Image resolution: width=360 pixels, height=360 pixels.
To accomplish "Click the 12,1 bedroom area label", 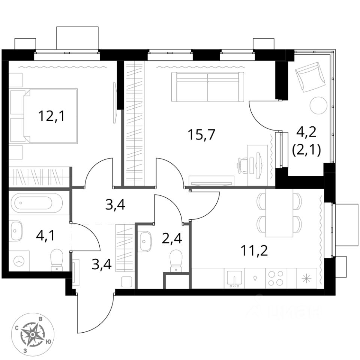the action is (x=51, y=116).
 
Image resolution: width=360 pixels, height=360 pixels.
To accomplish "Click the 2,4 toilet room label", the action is (x=172, y=238).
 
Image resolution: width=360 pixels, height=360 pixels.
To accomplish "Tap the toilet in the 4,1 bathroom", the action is (x=57, y=259).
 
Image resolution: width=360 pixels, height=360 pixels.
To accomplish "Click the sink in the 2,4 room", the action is (x=145, y=241).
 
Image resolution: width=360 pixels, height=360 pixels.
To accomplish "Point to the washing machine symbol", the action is (x=19, y=261).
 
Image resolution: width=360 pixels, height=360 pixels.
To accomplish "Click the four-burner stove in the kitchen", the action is (x=276, y=278).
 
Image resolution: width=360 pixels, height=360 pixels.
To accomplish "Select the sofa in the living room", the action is (x=207, y=87).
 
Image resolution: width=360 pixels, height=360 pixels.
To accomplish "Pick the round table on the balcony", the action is (x=319, y=105).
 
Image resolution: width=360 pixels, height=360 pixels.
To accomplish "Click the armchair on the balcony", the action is (x=310, y=77).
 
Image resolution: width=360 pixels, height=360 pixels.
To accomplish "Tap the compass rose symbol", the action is (x=33, y=334).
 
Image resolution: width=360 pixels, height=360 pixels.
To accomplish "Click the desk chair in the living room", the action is (x=243, y=165).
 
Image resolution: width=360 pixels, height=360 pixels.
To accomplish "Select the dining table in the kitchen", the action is (x=279, y=213).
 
